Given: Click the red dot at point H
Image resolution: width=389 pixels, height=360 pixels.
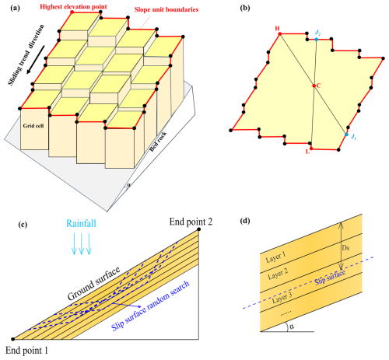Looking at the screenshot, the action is [x=279, y=34].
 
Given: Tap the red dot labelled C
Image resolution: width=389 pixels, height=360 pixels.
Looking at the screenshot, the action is [x=314, y=86].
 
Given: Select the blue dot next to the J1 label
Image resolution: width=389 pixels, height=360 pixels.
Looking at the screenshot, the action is [x=346, y=135].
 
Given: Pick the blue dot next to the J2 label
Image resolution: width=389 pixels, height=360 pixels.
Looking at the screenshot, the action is [x=317, y=40].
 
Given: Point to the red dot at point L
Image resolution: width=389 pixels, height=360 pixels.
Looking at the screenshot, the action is [x=311, y=149].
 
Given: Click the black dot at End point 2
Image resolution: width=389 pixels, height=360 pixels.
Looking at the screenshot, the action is [x=199, y=229].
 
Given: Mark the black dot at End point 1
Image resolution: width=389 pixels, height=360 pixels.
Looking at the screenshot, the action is [x=13, y=339].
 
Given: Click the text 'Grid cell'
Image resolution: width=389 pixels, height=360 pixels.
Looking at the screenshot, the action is [x=33, y=126].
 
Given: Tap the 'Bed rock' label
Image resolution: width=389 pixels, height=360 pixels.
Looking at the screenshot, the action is [x=158, y=142].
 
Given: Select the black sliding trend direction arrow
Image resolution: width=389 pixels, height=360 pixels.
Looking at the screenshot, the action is [x=36, y=60].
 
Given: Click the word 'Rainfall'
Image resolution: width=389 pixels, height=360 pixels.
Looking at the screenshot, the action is [x=81, y=223].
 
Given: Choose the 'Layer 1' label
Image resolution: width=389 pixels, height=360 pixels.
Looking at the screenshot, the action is [x=275, y=257].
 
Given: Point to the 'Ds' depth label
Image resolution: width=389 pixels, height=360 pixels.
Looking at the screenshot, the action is [x=346, y=248].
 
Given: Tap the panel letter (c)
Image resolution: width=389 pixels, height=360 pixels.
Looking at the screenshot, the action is [x=23, y=225].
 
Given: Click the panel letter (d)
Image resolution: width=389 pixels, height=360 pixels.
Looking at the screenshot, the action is [x=245, y=221].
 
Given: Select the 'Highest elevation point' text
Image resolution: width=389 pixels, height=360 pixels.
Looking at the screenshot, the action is [x=73, y=7].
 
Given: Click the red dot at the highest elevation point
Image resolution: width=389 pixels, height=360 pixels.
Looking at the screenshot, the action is [x=72, y=12].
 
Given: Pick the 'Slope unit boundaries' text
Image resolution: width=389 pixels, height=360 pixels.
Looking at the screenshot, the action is [x=166, y=10].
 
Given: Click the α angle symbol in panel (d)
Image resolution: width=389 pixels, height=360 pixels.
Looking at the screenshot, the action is [x=292, y=327].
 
